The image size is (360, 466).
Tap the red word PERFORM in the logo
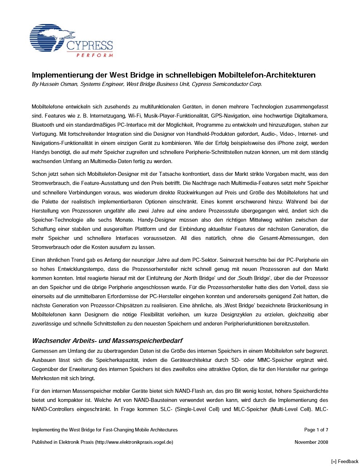pos(95,55)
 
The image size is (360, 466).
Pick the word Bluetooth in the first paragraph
pos(43,125)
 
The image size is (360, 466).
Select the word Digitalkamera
pos(312,116)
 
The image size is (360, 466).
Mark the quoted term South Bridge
pos(245,278)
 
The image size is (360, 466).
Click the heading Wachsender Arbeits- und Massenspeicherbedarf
pos(107,341)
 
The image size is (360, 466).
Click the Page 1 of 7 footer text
pos(316,430)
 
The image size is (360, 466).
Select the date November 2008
pos(311,442)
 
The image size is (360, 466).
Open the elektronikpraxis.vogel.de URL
pos(134,442)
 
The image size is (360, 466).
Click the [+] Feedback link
pos(344,461)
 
